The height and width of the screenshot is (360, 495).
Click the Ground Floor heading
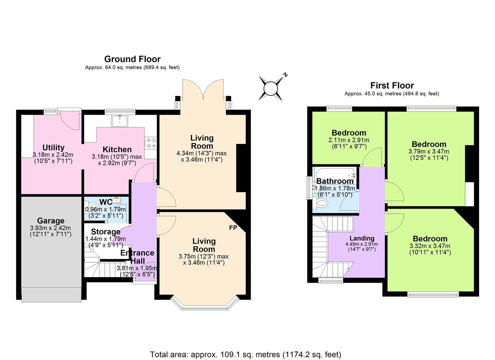[132, 59]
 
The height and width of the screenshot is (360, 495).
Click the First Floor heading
[392, 85]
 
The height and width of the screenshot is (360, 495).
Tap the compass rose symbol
[271, 88]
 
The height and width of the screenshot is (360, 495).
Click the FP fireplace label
[233, 228]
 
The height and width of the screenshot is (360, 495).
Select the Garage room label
[51, 221]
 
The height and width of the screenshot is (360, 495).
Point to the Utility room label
[53, 147]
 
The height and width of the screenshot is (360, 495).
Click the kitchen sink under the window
[119, 121]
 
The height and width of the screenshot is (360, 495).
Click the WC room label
[106, 202]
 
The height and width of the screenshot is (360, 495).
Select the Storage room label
[105, 232]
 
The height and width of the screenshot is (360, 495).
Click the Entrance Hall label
[137, 257]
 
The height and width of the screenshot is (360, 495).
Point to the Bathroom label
[335, 181]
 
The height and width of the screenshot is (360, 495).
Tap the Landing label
[362, 238]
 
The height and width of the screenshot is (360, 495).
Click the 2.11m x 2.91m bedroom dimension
[349, 140]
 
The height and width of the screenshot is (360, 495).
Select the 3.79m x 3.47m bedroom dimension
[429, 151]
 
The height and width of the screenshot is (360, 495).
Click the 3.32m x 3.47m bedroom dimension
[430, 246]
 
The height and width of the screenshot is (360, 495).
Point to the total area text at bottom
[246, 354]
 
